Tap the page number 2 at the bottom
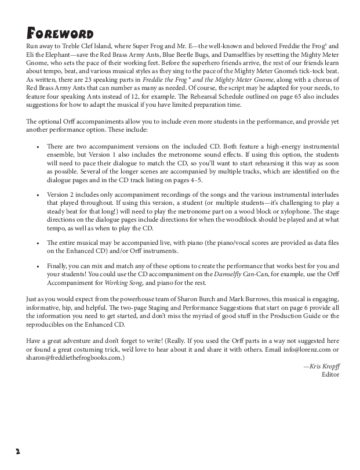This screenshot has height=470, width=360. tap(19, 451)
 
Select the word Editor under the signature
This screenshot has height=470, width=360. tap(330, 375)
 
